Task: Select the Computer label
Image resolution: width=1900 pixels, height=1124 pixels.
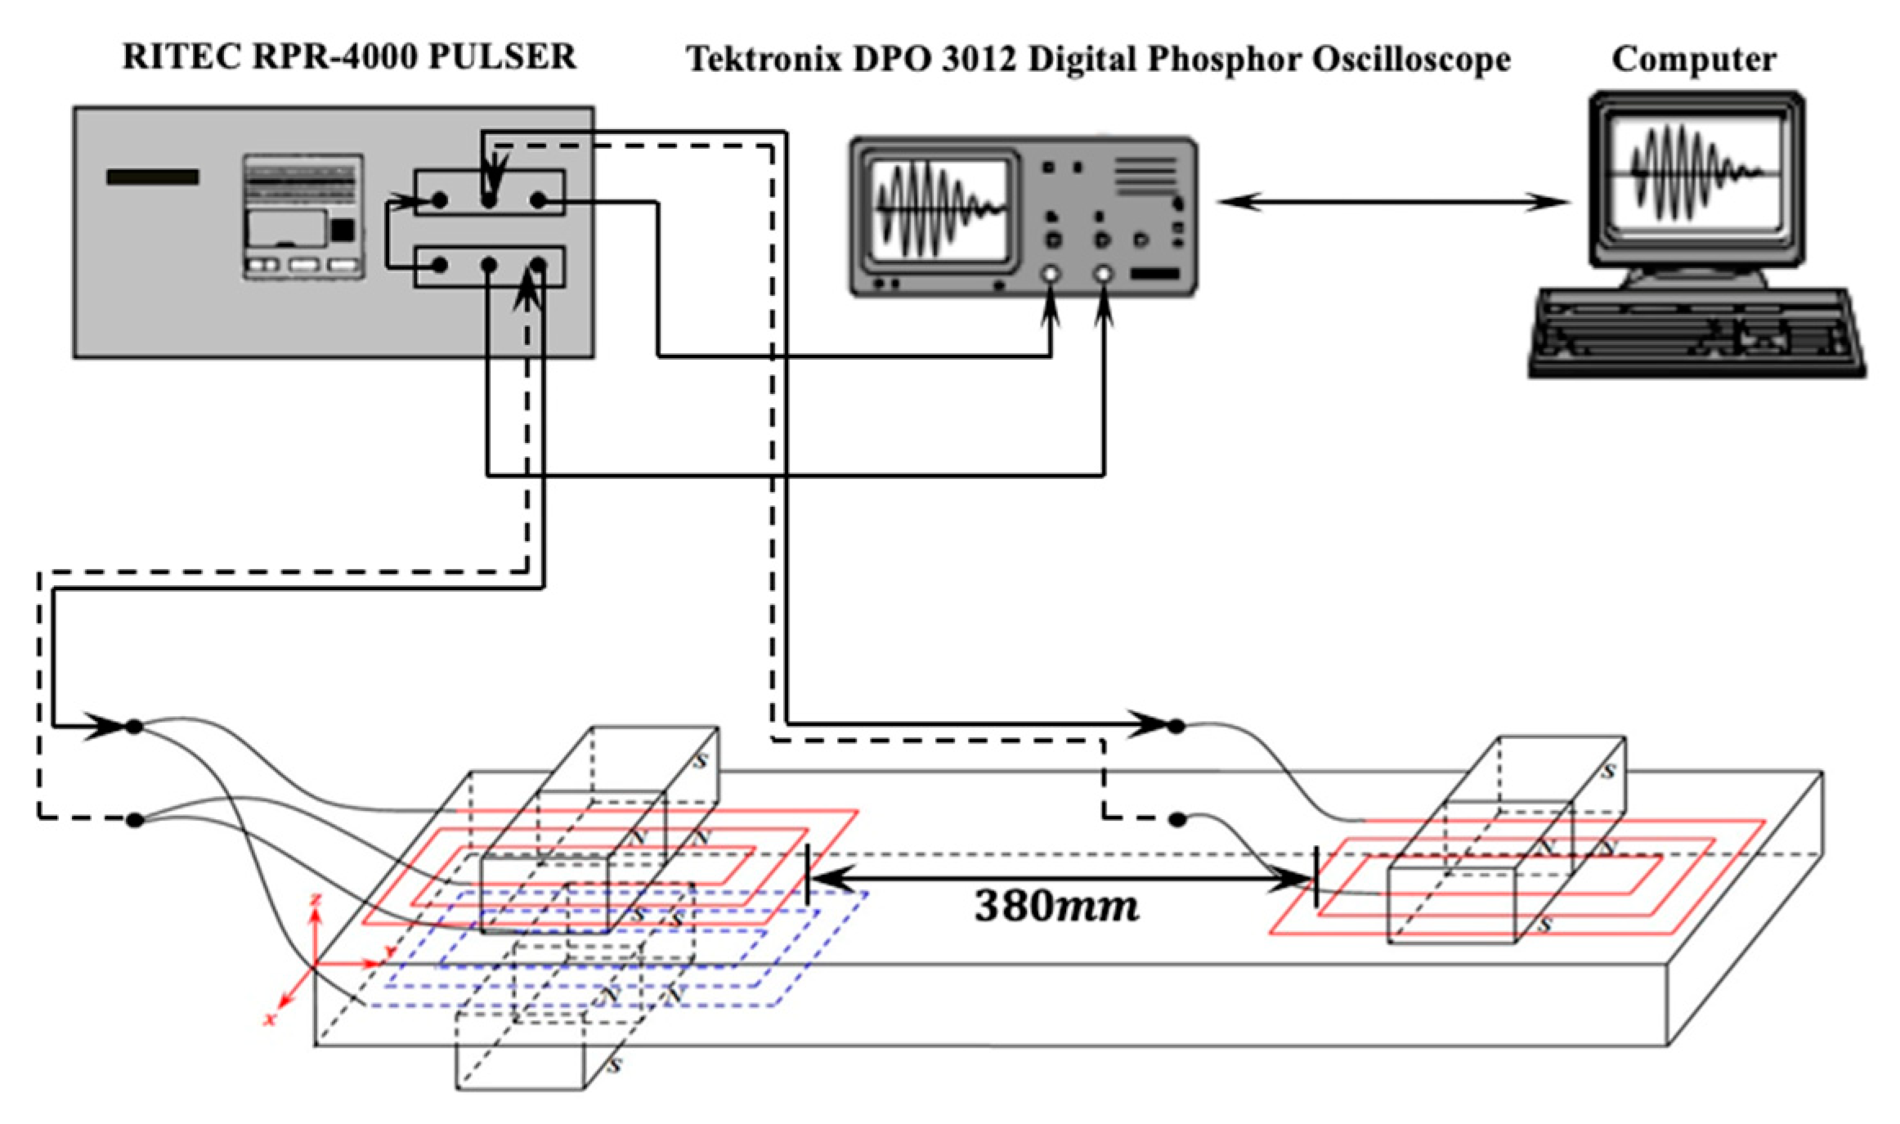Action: coord(1694,59)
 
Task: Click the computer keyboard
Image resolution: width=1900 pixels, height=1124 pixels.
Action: coord(1697,334)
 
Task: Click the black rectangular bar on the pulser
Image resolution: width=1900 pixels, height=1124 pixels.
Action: coord(153,177)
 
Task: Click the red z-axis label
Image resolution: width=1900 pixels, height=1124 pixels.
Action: coord(316,899)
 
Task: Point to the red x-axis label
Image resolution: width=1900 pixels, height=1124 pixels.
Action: coord(269,1019)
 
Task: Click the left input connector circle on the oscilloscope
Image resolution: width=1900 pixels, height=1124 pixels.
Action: coord(1050,275)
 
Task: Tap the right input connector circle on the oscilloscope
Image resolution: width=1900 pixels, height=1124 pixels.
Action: coord(1103,275)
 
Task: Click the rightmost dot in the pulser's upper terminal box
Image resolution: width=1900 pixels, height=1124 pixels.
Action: coord(538,199)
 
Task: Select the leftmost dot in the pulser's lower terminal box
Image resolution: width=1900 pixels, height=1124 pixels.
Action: coord(440,265)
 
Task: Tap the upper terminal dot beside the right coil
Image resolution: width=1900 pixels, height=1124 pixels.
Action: coord(1176,725)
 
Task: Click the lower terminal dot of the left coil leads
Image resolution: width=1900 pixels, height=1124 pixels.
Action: coord(135,820)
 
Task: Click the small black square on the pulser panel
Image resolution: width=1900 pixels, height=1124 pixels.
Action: coord(343,231)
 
